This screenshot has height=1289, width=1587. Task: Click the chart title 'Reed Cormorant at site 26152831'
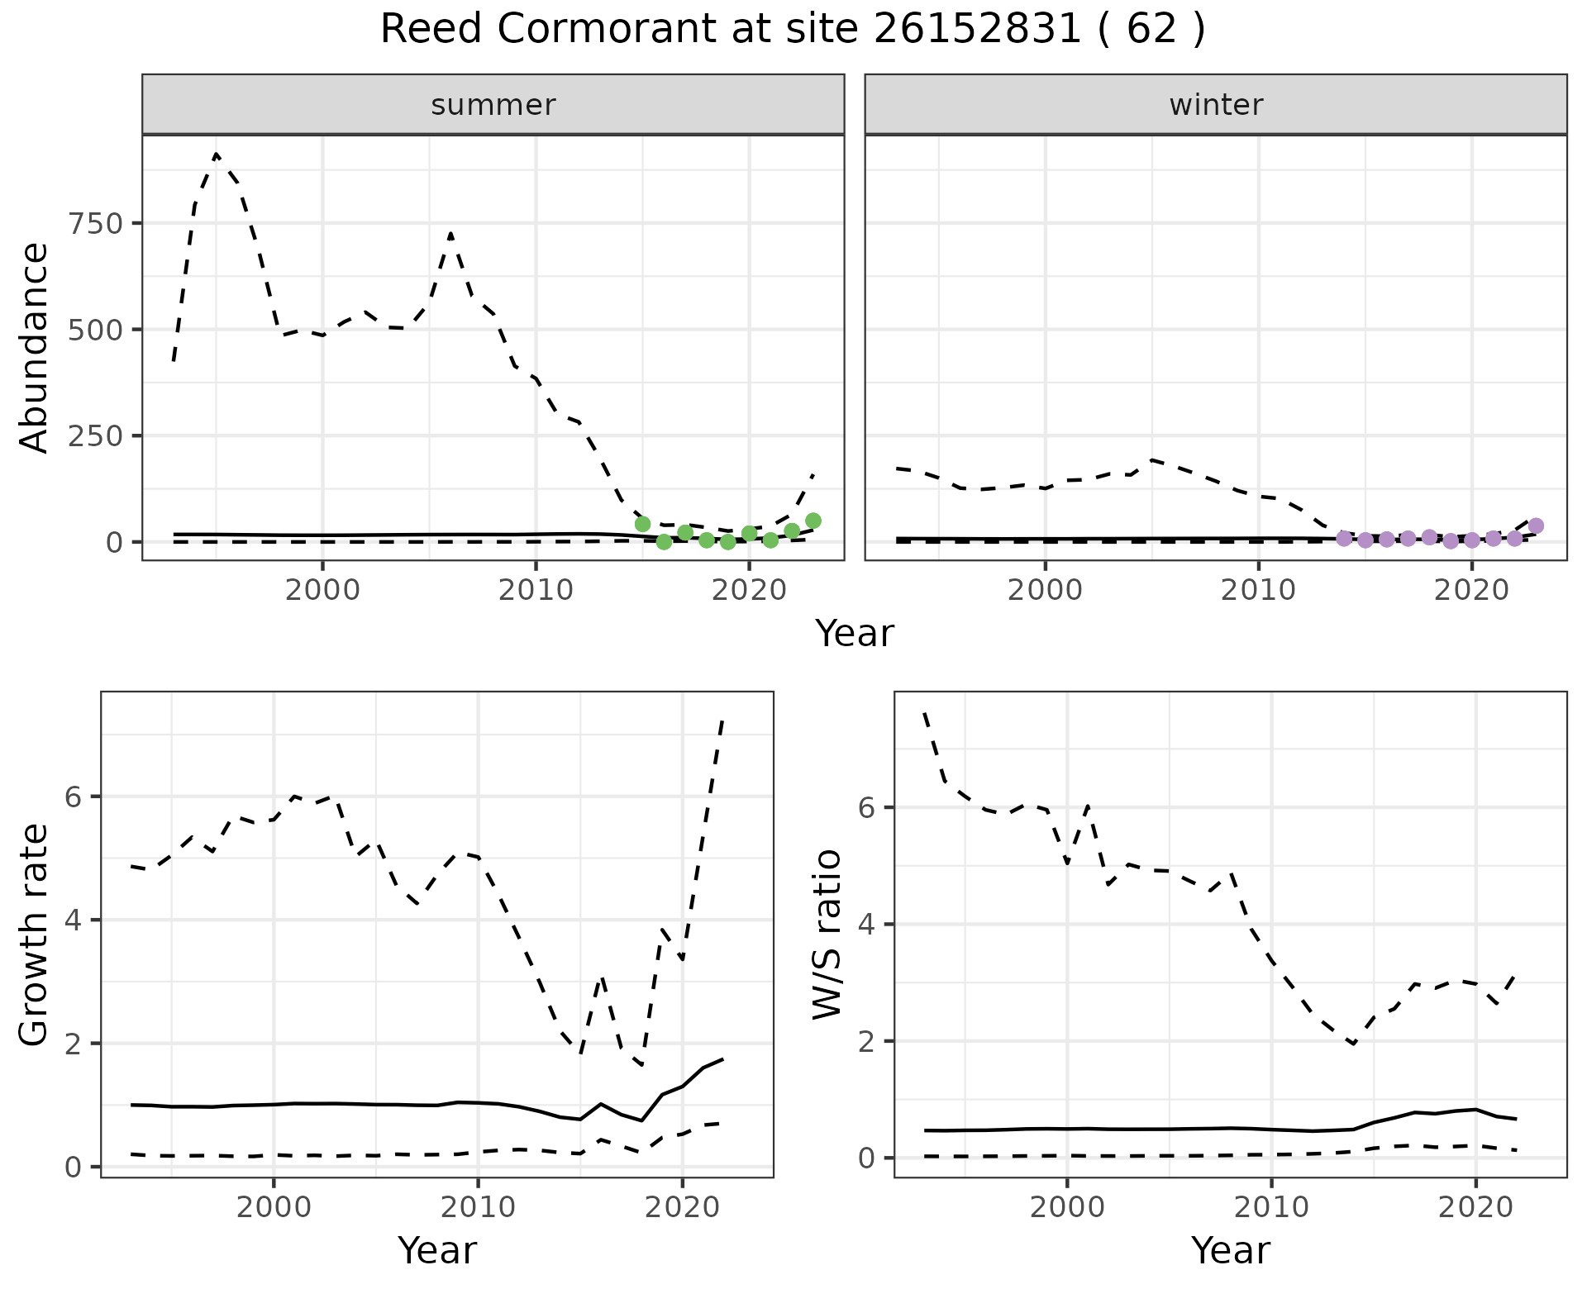pos(792,30)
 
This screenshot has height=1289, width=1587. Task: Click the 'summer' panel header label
pos(493,105)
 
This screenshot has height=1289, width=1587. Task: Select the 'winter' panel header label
pos(1215,105)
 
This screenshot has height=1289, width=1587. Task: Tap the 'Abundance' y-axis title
pos(35,347)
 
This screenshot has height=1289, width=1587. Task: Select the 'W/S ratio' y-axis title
pos(827,934)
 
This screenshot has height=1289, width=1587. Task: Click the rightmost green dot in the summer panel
pos(813,521)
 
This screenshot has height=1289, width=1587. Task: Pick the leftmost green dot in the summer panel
pos(642,524)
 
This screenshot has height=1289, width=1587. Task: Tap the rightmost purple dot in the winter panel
pos(1536,526)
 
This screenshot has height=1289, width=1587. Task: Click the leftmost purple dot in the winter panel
pos(1344,539)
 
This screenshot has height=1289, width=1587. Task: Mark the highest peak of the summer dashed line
pos(216,155)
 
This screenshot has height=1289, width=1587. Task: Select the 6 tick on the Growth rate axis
pos(74,797)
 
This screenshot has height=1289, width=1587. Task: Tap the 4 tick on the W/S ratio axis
pos(867,924)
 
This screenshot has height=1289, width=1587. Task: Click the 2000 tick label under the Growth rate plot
pos(273,1207)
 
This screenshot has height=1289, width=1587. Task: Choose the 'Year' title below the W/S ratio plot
pos(1230,1251)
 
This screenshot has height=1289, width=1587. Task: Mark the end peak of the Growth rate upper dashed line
pos(722,720)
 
